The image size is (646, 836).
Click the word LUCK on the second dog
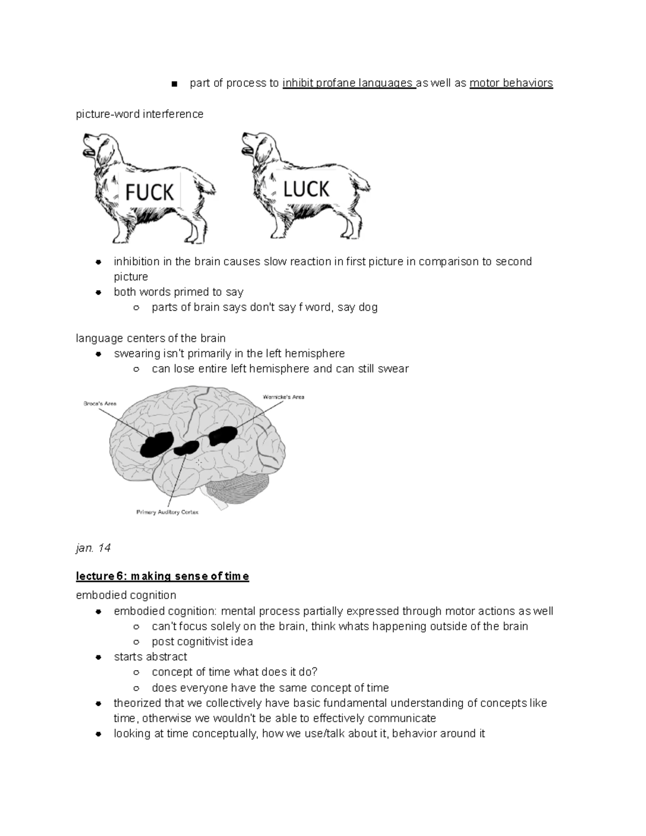[306, 189]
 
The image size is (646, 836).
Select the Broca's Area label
[100, 403]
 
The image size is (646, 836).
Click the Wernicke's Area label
[283, 397]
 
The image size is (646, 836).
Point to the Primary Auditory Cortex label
[167, 512]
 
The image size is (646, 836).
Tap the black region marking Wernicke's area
[223, 435]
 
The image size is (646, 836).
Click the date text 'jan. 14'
[93, 548]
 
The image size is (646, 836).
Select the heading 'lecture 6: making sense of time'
[162, 577]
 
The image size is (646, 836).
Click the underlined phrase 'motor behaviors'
[511, 83]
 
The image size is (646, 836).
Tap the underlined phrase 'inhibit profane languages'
[348, 83]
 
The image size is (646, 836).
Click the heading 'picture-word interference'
[139, 114]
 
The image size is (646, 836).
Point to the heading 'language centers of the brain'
[151, 338]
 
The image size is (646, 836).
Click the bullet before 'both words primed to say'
[99, 292]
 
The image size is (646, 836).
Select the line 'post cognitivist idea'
[202, 642]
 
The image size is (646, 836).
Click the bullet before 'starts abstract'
[99, 657]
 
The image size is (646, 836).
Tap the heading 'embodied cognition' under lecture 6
[126, 595]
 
